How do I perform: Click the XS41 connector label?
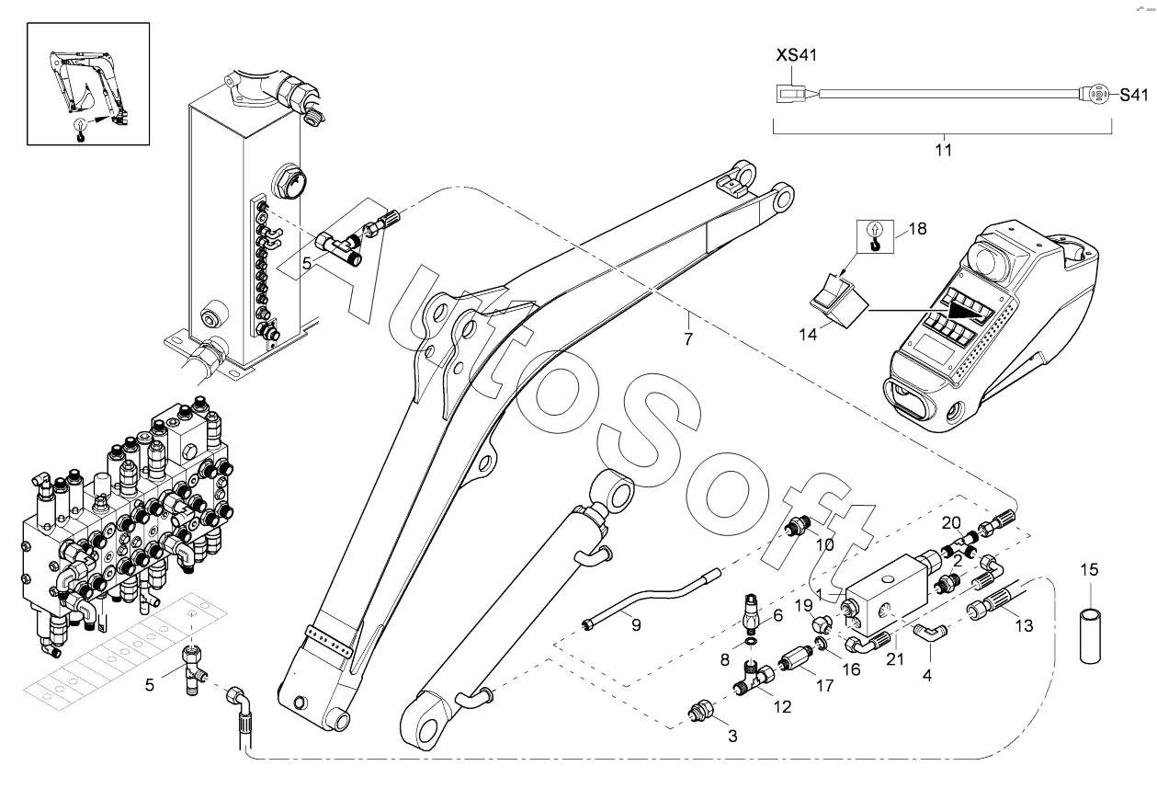pyautogui.click(x=797, y=56)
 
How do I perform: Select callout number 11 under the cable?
pyautogui.click(x=944, y=149)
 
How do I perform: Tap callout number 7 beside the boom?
pyautogui.click(x=688, y=339)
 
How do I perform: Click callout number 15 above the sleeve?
pyautogui.click(x=1088, y=570)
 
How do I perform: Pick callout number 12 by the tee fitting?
pyautogui.click(x=783, y=707)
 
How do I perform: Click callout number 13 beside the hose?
pyautogui.click(x=1024, y=625)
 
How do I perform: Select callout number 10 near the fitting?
pyautogui.click(x=824, y=544)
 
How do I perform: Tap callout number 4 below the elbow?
pyautogui.click(x=927, y=674)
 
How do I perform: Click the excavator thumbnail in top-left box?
pyautogui.click(x=86, y=85)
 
